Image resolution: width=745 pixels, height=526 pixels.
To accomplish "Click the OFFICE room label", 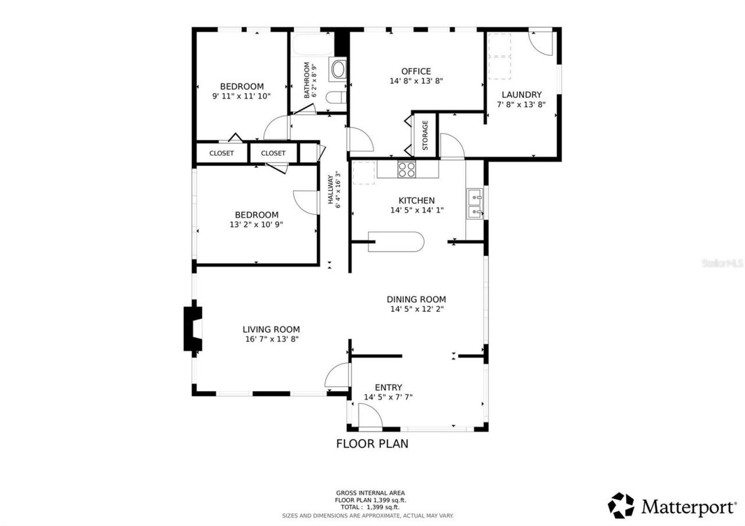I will click(x=416, y=72).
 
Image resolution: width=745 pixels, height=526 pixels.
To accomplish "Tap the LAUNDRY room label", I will click(x=521, y=95).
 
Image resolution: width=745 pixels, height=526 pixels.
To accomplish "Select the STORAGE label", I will click(x=425, y=135).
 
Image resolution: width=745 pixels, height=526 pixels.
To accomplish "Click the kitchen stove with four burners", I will click(x=407, y=169).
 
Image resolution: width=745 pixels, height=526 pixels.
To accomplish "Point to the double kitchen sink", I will click(x=474, y=204).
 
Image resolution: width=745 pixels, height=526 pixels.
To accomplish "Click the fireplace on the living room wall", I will click(x=193, y=329).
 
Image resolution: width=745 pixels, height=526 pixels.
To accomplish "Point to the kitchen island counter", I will click(x=396, y=242).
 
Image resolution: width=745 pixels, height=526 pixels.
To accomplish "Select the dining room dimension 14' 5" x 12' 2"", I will click(x=416, y=309).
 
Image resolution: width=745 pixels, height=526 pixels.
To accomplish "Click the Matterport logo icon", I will click(x=621, y=505).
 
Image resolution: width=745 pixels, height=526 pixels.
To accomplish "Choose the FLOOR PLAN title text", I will click(x=372, y=443).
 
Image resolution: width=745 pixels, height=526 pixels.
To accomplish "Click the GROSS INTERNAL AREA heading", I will click(x=370, y=493).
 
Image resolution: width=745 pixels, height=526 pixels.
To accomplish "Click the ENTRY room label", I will click(x=388, y=388).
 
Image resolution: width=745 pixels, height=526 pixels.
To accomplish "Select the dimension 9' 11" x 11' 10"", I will click(x=242, y=96).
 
